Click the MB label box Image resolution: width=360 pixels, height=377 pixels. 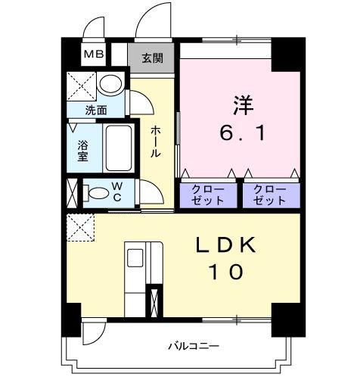click(95, 54)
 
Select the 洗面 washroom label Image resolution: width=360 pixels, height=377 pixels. click(96, 110)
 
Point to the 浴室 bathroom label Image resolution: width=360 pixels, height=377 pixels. click(82, 150)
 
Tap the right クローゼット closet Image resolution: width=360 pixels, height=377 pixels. click(270, 195)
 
